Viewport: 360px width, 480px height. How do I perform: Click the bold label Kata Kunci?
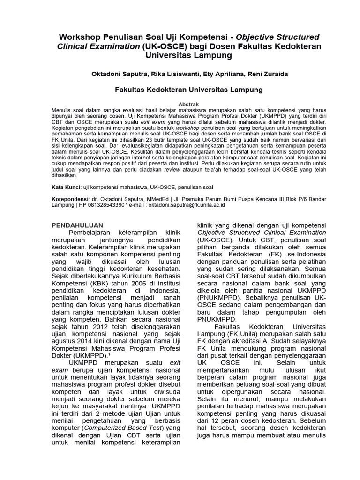tap(65, 187)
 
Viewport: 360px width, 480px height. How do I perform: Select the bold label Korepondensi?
tap(70, 199)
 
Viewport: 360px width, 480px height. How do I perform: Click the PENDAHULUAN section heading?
tap(77, 225)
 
